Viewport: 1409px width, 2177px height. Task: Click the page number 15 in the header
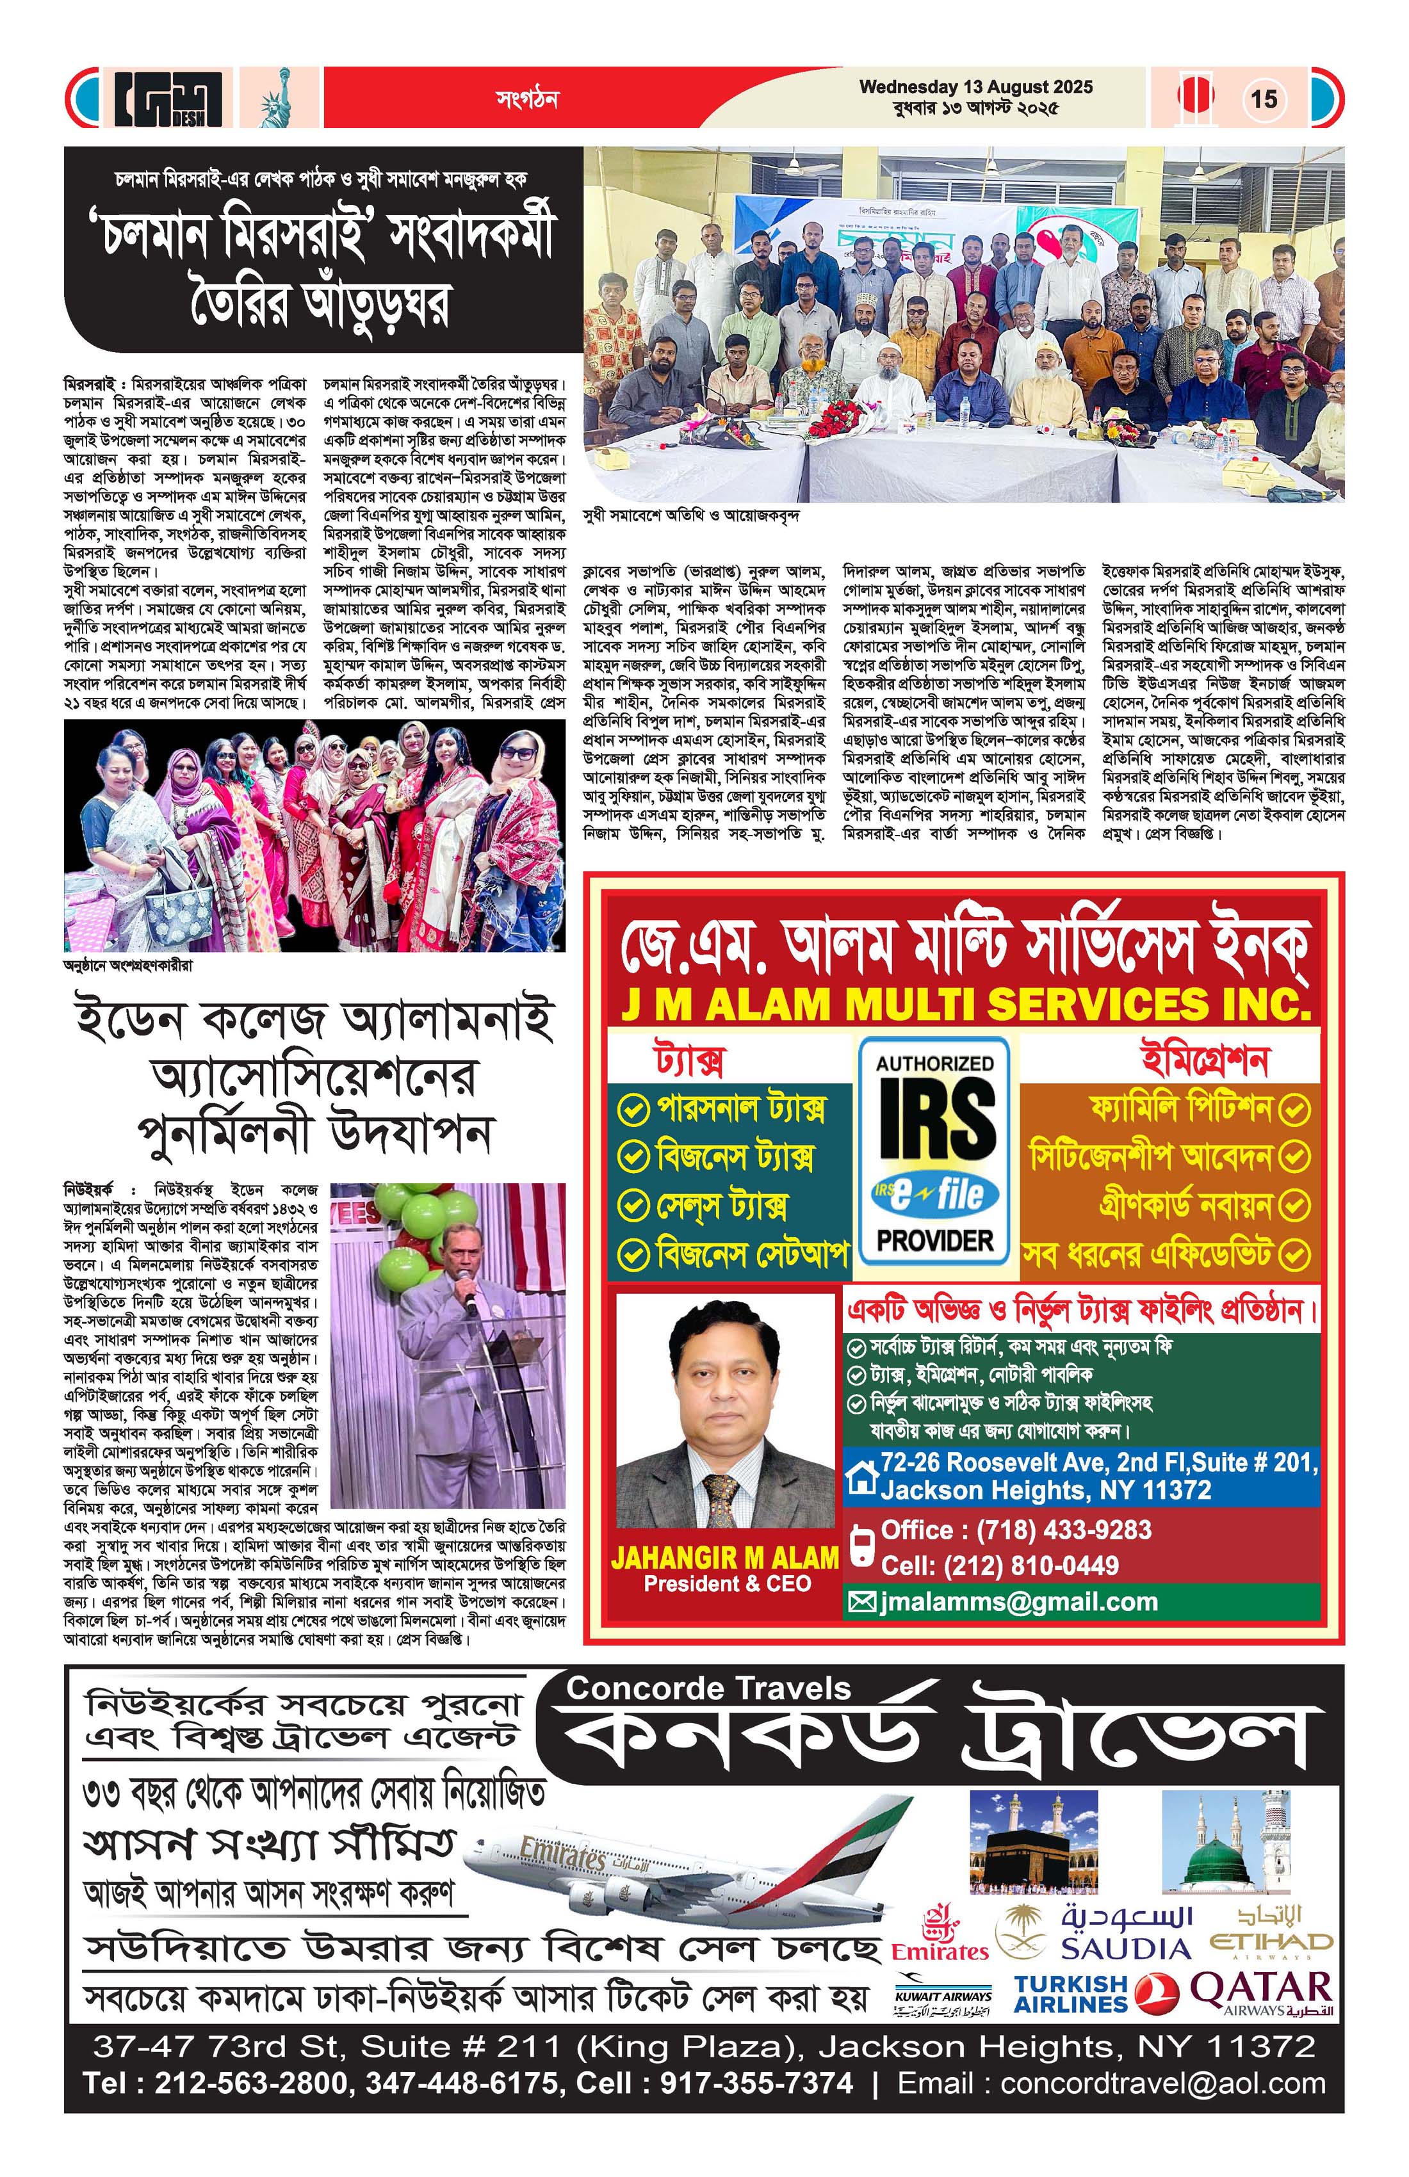pyautogui.click(x=1264, y=98)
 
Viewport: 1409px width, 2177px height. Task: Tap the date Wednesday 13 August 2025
pyautogui.click(x=975, y=88)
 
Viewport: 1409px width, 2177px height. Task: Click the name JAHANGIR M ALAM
pyautogui.click(x=724, y=1557)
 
